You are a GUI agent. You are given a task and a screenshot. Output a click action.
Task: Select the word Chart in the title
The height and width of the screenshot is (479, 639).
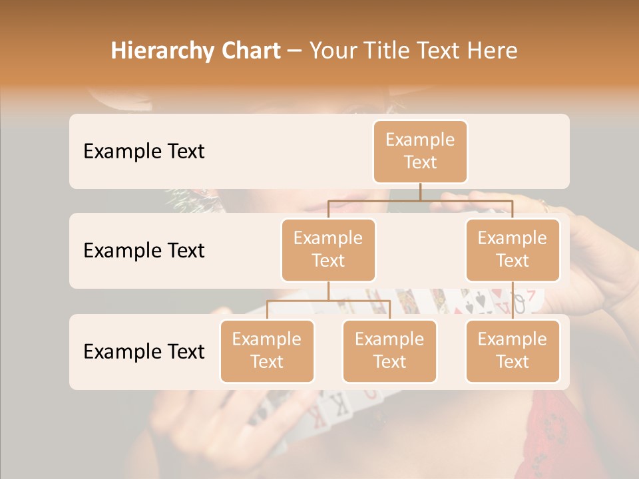point(250,51)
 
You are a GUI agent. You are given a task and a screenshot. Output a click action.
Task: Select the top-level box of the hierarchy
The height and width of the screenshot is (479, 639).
point(420,152)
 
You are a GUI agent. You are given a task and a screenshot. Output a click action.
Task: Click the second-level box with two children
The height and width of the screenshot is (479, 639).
point(328,249)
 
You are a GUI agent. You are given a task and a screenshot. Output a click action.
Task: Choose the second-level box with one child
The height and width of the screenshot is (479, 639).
point(513,249)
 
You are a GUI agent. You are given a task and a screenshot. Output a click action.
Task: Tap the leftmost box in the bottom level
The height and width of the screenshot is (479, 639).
point(267,351)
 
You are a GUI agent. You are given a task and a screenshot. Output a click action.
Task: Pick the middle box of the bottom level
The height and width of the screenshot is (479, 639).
point(389,351)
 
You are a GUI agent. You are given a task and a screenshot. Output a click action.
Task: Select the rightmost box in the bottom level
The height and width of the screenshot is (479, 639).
point(513,351)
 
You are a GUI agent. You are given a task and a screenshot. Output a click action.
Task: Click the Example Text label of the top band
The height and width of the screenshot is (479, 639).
point(144,152)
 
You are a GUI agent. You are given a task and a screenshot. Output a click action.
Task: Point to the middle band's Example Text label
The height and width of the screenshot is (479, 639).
point(144,251)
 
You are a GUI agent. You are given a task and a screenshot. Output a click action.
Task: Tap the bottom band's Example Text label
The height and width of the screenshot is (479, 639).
point(144,351)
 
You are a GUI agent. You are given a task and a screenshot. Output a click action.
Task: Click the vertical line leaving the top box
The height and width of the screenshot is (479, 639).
point(420,192)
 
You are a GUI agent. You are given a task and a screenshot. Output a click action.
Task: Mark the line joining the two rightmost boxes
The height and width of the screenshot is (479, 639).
point(513,301)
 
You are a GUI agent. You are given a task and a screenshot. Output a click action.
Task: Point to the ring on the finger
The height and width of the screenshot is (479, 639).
point(544,206)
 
